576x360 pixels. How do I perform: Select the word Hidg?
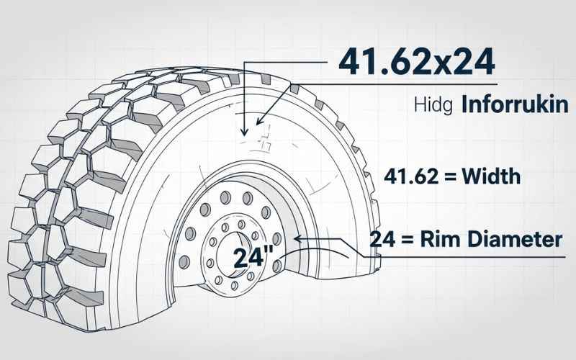[432, 107]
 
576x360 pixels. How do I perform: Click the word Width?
[491, 176]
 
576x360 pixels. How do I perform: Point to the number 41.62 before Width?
[406, 176]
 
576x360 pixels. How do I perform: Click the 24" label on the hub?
[251, 257]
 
